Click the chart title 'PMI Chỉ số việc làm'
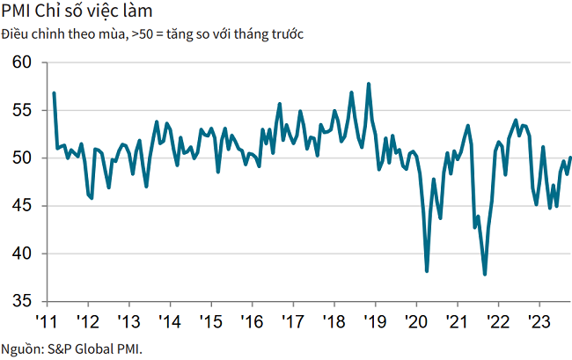click(76, 11)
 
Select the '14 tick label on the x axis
click(169, 320)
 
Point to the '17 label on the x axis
click(292, 320)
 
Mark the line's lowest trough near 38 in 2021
click(485, 275)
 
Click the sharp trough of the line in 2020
click(427, 271)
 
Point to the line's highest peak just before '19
click(369, 84)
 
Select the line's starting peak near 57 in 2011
click(54, 92)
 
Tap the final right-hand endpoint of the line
click(570, 158)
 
